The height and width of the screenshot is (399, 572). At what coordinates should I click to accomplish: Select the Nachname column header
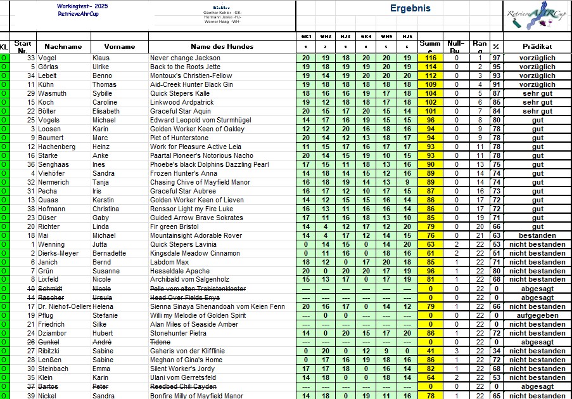coord(63,46)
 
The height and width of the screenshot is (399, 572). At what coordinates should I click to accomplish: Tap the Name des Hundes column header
coord(222,46)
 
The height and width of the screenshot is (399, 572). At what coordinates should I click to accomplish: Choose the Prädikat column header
coord(537,46)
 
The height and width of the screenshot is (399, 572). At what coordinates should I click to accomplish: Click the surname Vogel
coord(48,58)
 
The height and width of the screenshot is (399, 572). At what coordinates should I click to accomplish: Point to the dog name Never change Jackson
coord(185,58)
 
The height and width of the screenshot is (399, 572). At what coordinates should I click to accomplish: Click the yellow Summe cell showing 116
coord(431,58)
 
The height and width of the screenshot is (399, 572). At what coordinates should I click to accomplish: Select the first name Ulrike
coord(101,67)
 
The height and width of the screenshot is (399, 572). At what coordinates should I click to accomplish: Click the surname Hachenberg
coord(58,147)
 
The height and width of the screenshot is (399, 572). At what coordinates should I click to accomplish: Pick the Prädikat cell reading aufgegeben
coord(537,315)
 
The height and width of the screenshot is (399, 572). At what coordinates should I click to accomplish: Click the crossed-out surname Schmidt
coord(50,289)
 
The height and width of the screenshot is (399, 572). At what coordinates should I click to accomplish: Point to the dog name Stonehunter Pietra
coord(178,333)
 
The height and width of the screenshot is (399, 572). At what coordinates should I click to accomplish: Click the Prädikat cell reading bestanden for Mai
coord(537,235)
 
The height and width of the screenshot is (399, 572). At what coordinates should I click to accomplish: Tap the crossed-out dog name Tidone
coord(160,342)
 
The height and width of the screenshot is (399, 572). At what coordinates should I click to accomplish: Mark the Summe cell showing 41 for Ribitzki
coord(431,351)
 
